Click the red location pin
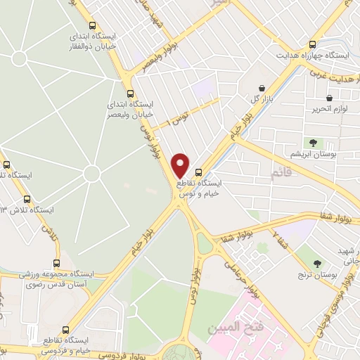coord(181,165)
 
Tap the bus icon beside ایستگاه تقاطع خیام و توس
coord(199,172)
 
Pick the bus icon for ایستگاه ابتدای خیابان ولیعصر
coord(129,94)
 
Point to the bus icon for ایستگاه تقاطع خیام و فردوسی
coord(66,330)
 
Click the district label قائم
coord(279,171)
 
